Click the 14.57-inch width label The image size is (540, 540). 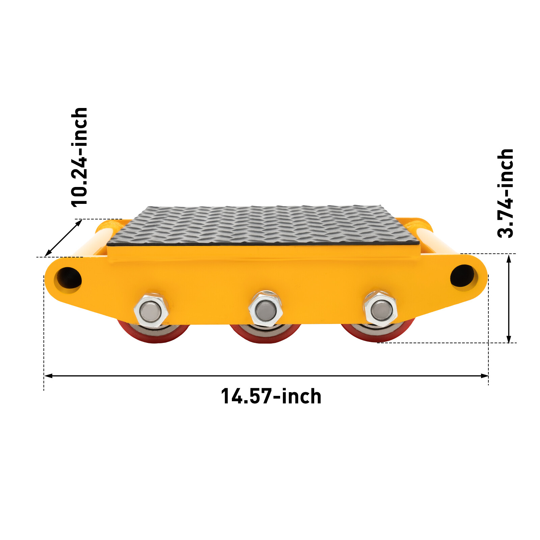271,396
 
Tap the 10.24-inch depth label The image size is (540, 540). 80,157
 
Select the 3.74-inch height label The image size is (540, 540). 505,193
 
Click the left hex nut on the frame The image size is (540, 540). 151,311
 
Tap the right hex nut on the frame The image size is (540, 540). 380,308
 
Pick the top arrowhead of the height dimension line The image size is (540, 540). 509,258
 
